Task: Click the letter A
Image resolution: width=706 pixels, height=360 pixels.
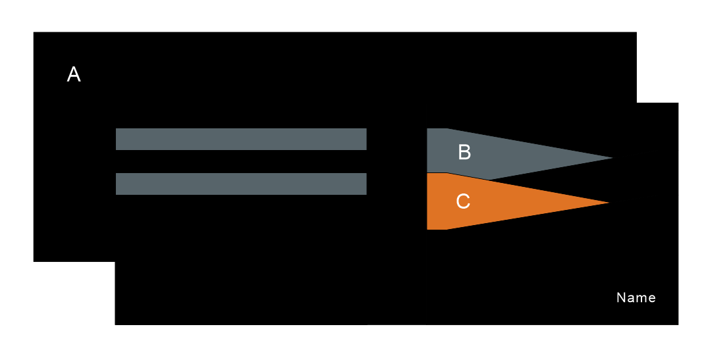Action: [x=74, y=74]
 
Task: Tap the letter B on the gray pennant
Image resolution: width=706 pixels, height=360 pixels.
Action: [x=464, y=152]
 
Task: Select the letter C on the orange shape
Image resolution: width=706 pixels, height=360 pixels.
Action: [x=463, y=201]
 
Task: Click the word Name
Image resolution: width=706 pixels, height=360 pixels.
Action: [x=636, y=297]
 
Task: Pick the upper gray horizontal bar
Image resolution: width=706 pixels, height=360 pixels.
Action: [x=241, y=139]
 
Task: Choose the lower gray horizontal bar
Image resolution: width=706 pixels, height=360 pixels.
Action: [x=241, y=184]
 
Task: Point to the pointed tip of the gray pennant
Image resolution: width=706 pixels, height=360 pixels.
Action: [x=611, y=158]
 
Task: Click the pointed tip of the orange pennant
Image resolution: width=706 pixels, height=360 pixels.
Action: [x=607, y=203]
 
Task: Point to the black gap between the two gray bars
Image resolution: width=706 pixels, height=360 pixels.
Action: [x=241, y=161]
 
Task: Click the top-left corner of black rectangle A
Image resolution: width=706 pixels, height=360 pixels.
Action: [x=34, y=33]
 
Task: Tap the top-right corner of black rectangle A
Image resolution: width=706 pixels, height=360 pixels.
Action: [x=636, y=33]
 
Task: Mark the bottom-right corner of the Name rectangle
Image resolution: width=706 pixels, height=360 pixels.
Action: [x=677, y=323]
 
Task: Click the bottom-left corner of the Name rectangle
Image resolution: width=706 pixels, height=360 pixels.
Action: [x=116, y=323]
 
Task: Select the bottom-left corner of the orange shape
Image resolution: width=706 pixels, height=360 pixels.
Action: [x=428, y=228]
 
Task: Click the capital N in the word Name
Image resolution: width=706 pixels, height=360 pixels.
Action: [x=620, y=297]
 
